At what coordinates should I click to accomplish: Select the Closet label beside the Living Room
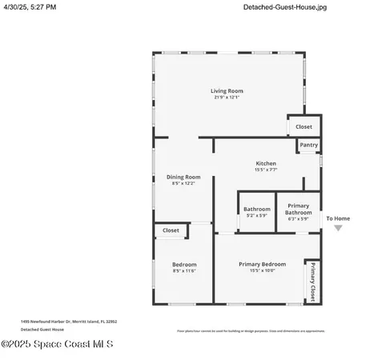[x=304, y=126]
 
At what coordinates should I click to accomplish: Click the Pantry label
[x=309, y=145]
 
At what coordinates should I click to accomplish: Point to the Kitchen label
[x=266, y=163]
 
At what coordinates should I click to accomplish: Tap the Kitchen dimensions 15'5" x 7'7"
[x=266, y=170]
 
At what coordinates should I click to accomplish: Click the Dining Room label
[x=183, y=177]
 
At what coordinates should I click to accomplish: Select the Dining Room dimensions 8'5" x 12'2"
[x=183, y=183]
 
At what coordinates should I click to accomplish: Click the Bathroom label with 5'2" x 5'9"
[x=257, y=210]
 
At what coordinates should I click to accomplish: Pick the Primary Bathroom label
[x=298, y=209]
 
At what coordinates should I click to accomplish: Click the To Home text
[x=338, y=218]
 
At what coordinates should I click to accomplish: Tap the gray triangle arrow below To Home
[x=338, y=228]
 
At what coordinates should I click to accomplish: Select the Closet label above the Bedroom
[x=171, y=230]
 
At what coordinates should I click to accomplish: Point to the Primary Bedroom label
[x=262, y=264]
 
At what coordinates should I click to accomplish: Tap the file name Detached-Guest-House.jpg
[x=285, y=7]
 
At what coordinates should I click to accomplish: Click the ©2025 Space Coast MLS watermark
[x=57, y=345]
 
